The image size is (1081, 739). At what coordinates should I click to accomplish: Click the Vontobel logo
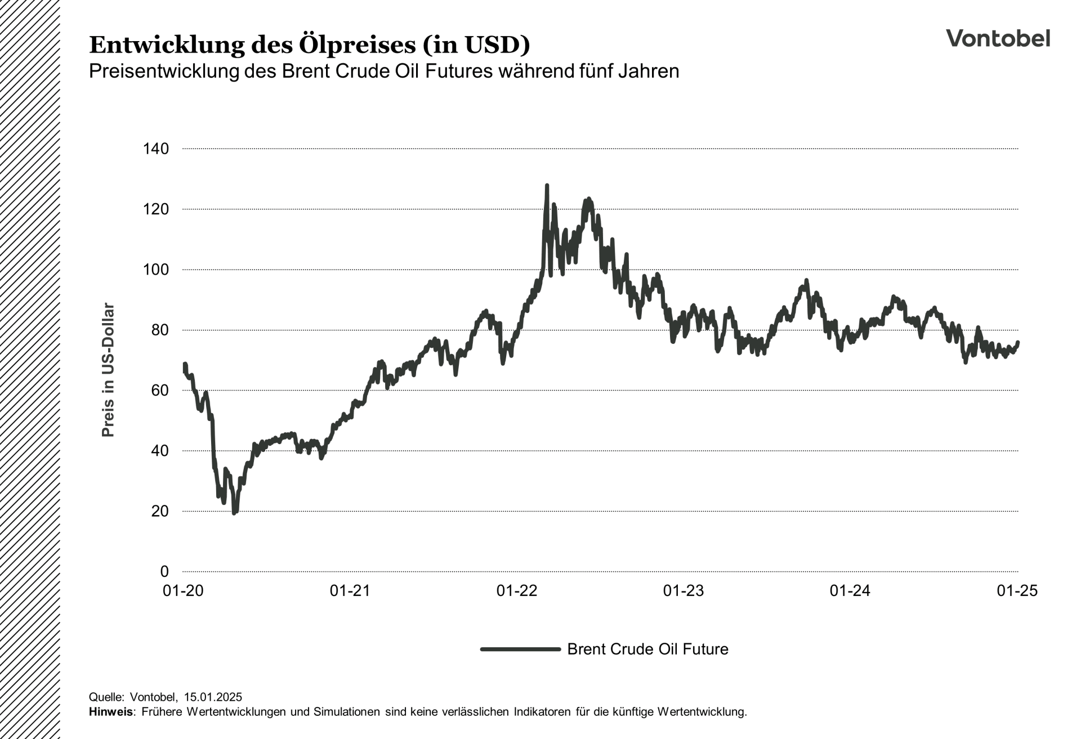pyautogui.click(x=998, y=38)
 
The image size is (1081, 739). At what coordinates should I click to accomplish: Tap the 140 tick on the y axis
pyautogui.click(x=156, y=149)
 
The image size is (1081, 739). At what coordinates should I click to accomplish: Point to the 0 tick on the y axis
pyautogui.click(x=164, y=572)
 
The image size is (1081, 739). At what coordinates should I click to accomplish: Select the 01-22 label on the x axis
pyautogui.click(x=517, y=591)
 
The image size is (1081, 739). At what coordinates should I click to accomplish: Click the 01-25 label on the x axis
pyautogui.click(x=1017, y=591)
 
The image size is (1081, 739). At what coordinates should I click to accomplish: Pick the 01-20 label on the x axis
pyautogui.click(x=183, y=591)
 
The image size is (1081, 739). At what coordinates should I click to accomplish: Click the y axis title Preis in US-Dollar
pyautogui.click(x=108, y=370)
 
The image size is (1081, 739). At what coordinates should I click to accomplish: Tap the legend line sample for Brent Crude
pyautogui.click(x=520, y=649)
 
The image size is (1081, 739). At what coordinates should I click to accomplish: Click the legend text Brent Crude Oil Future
pyautogui.click(x=647, y=650)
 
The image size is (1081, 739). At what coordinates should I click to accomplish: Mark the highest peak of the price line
pyautogui.click(x=547, y=185)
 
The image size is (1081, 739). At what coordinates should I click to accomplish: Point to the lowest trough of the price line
pyautogui.click(x=234, y=513)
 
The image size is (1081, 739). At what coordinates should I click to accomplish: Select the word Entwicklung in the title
pyautogui.click(x=167, y=45)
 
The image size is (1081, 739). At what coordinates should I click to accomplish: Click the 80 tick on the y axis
pyautogui.click(x=160, y=330)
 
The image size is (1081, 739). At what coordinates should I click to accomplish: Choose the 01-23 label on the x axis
pyautogui.click(x=684, y=591)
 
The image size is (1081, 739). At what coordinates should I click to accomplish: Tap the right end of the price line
pyautogui.click(x=1018, y=342)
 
